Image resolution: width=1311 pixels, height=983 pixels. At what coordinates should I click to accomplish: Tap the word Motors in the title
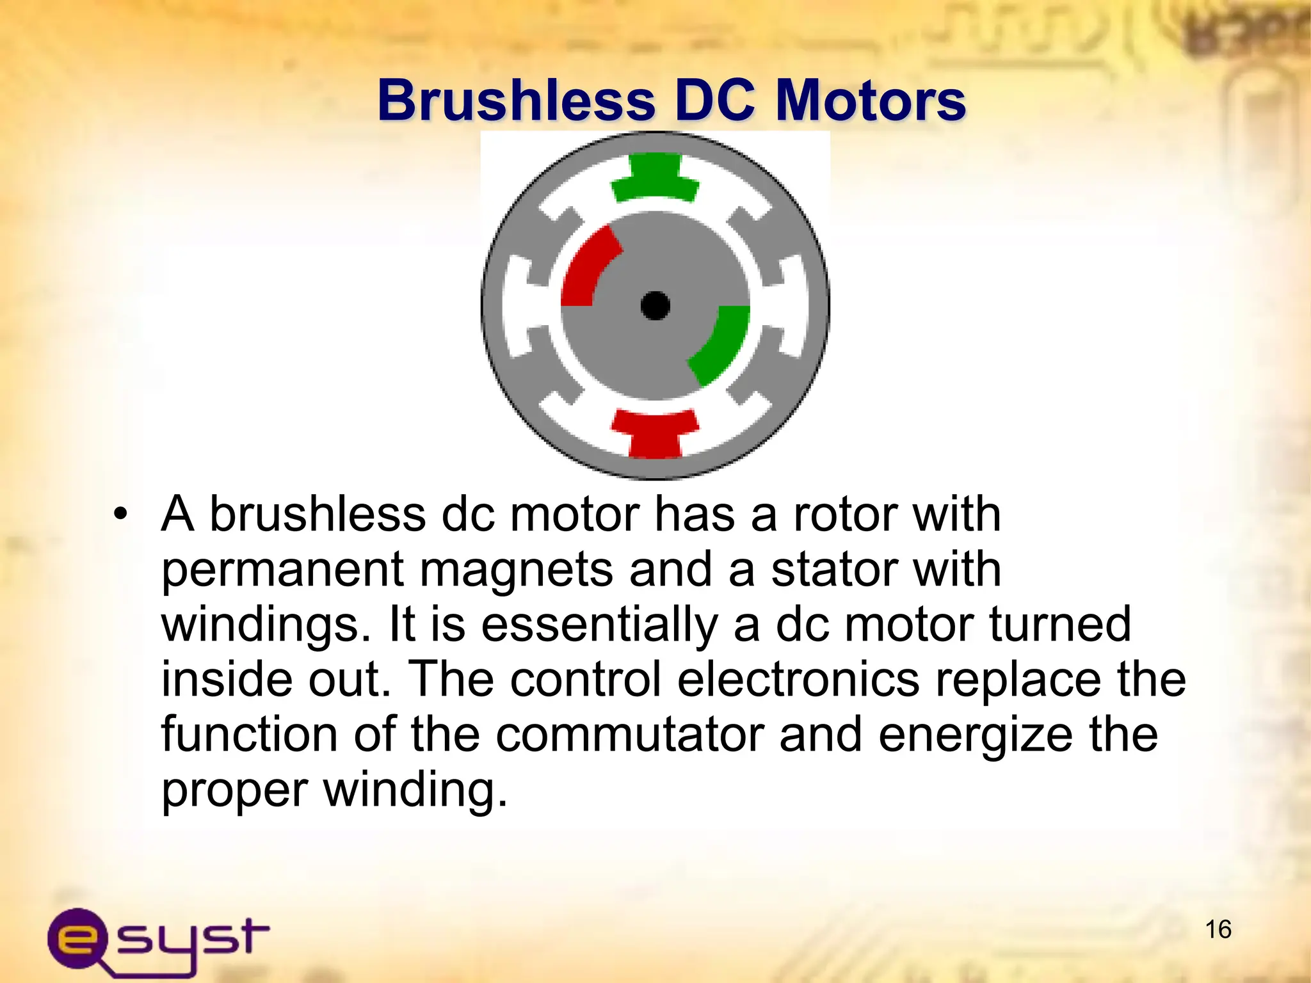[870, 100]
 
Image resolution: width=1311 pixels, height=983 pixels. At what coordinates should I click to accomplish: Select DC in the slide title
[715, 100]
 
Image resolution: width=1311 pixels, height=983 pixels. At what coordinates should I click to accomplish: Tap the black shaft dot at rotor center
[655, 305]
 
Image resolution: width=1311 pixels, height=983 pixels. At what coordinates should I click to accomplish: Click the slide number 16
[1218, 929]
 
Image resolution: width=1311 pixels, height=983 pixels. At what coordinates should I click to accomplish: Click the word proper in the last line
[234, 790]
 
